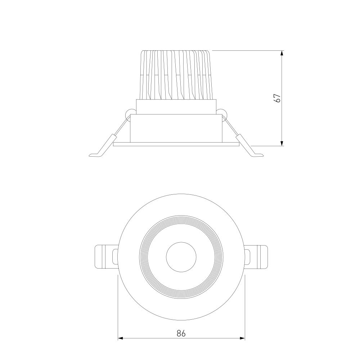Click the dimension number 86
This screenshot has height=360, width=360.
point(181,333)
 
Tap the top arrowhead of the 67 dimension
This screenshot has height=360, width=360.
point(282,53)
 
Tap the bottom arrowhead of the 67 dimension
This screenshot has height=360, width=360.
point(282,143)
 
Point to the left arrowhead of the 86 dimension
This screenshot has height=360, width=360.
point(121,338)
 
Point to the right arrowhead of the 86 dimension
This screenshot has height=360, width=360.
point(242,338)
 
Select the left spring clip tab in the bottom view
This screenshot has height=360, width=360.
point(106,257)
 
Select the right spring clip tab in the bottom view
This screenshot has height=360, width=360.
point(256,257)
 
